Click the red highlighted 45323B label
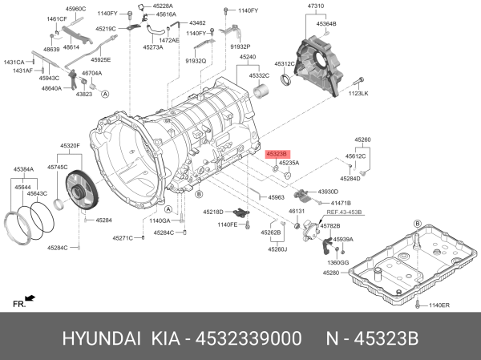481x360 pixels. (x=277, y=152)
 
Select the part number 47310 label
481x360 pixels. (x=316, y=7)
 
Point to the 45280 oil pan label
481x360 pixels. (x=332, y=273)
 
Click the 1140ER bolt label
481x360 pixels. (x=440, y=305)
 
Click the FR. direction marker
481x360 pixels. (x=19, y=303)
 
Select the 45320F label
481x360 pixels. (x=70, y=146)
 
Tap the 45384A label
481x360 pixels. (x=23, y=170)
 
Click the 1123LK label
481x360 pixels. (x=358, y=94)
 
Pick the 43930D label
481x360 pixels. (x=329, y=192)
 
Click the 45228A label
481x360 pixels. (x=163, y=6)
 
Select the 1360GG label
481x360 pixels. (x=338, y=262)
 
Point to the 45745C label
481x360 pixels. (x=58, y=166)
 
